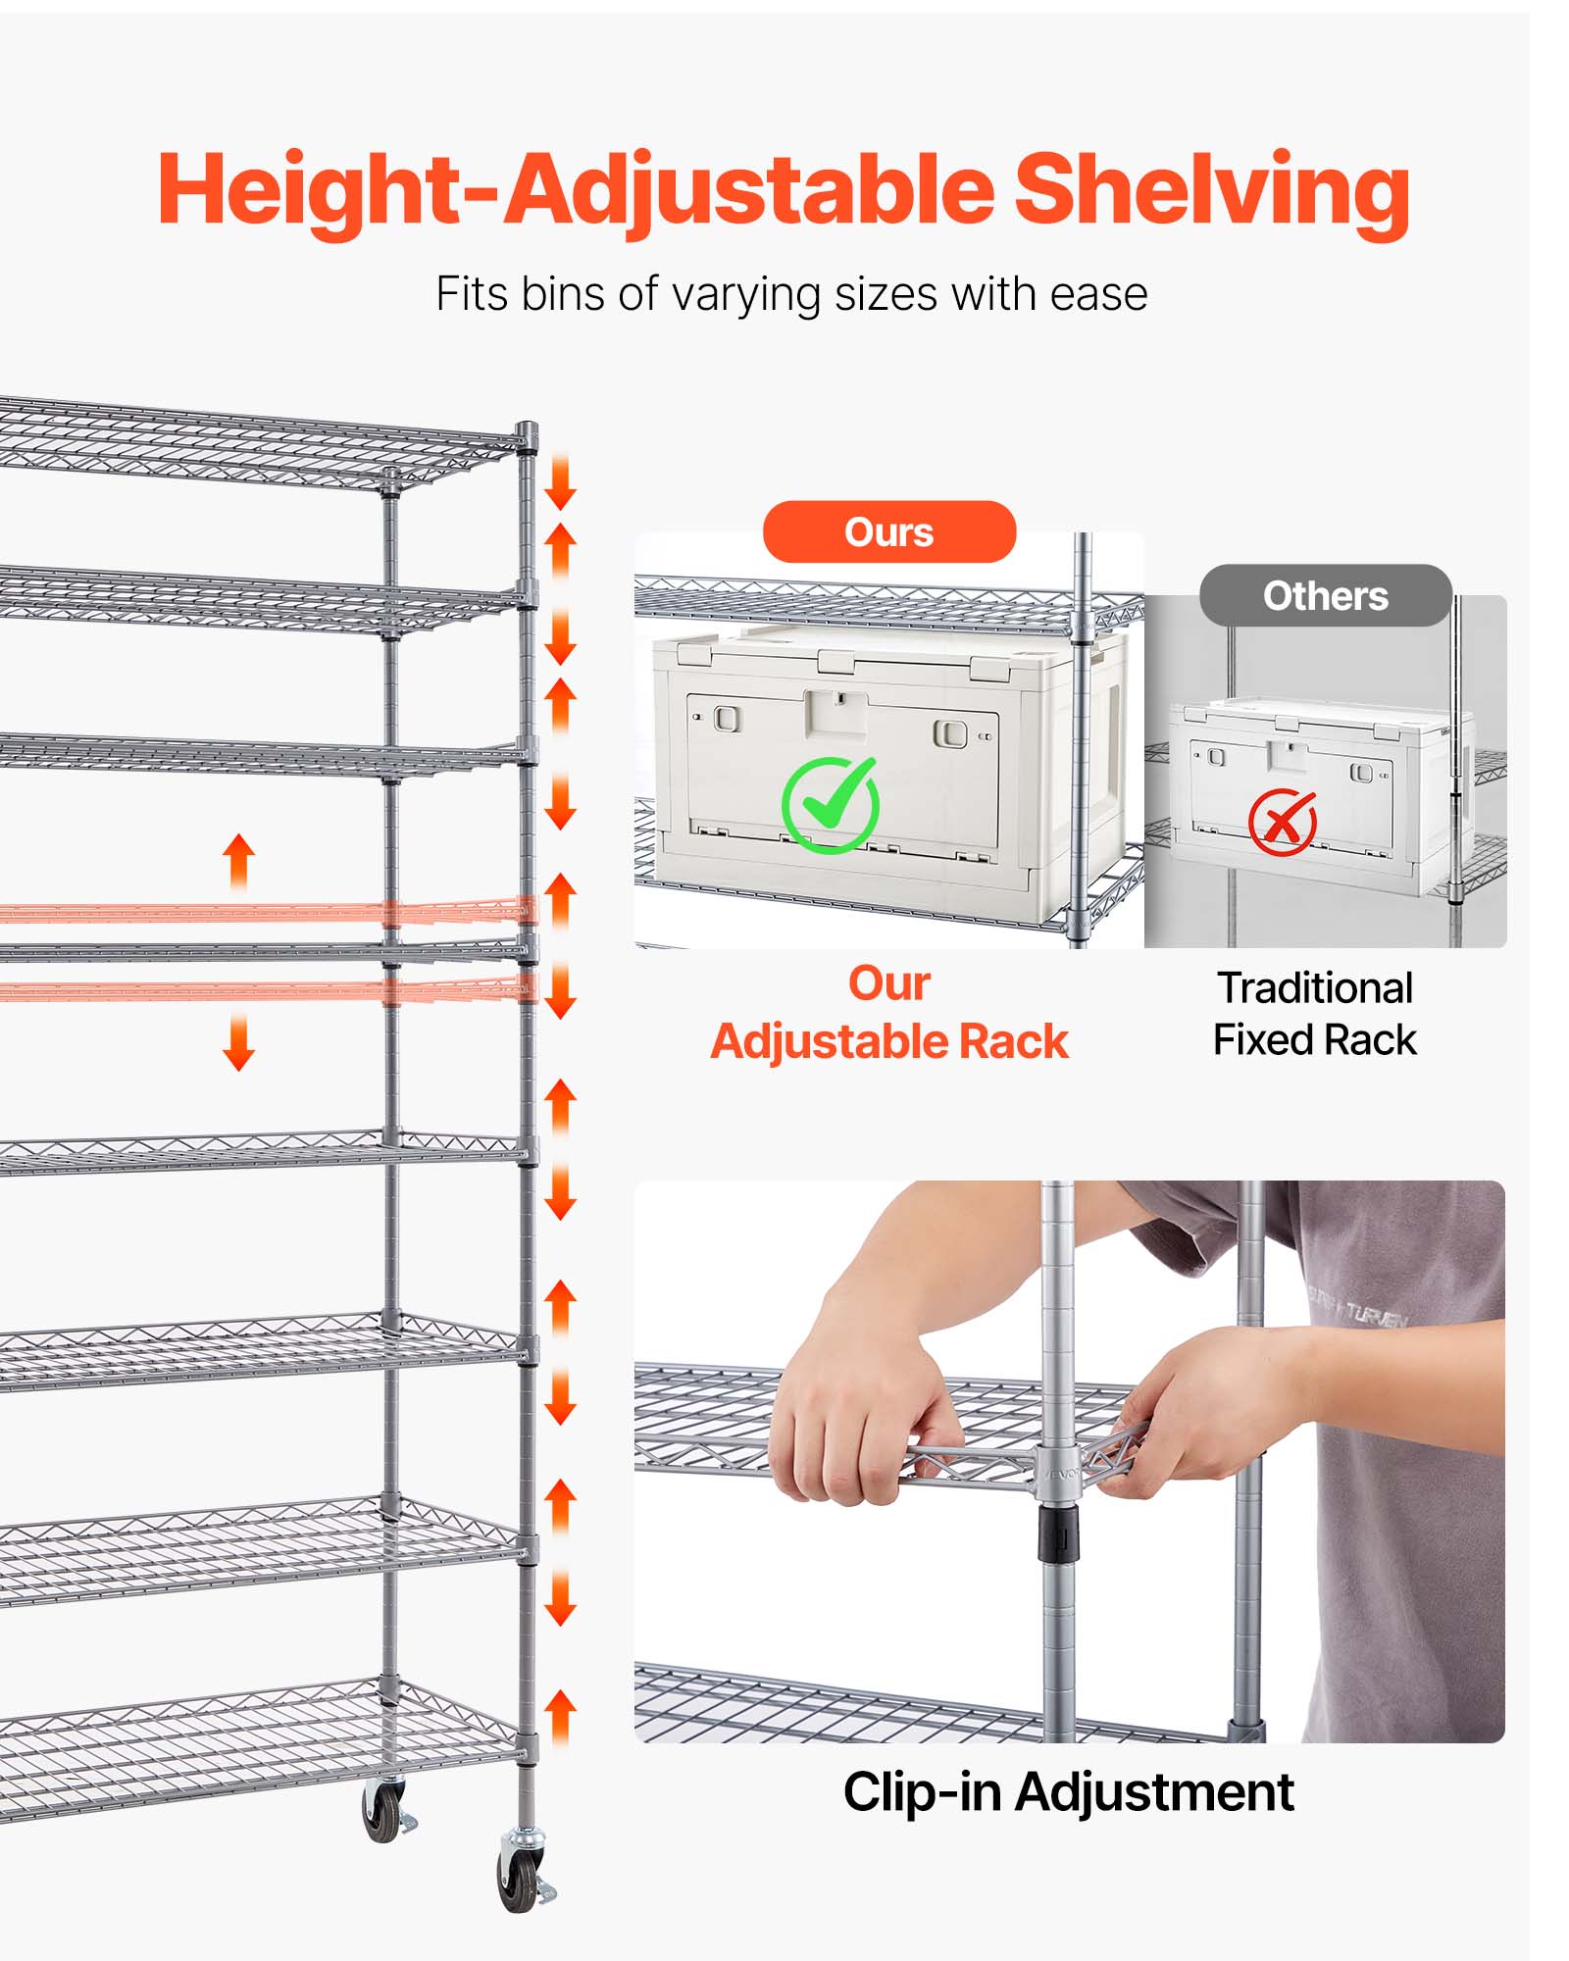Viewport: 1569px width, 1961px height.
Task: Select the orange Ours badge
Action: coord(888,532)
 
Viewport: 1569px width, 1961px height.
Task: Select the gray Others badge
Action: coord(1325,596)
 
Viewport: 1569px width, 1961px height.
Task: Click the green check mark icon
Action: coord(830,805)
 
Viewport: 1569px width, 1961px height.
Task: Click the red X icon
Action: coord(1282,822)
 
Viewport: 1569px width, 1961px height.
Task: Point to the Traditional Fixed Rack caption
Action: coord(1314,1014)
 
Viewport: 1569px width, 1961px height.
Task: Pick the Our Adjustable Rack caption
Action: coord(888,1013)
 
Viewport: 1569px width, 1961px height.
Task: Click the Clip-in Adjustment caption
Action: coord(1068,1792)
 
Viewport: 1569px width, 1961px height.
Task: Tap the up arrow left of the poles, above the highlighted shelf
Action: coord(239,861)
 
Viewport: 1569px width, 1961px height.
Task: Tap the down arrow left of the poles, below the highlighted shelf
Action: coord(239,1042)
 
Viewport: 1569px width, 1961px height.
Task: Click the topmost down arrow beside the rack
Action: coord(560,481)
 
